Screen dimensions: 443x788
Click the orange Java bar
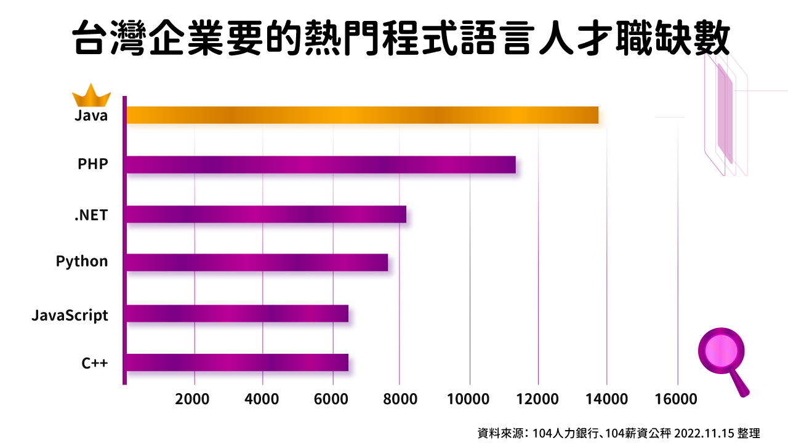(362, 115)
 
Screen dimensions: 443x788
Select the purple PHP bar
(321, 164)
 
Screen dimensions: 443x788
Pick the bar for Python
(257, 262)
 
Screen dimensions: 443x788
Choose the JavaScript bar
(237, 313)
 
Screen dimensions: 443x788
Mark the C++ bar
(237, 362)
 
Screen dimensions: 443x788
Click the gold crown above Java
(91, 95)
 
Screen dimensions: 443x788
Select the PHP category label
(93, 164)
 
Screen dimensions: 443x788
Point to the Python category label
(82, 261)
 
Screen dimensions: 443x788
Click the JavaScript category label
(70, 316)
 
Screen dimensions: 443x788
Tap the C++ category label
(95, 363)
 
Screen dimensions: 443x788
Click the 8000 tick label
(400, 399)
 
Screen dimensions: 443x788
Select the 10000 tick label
(469, 399)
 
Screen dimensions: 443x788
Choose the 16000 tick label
(677, 399)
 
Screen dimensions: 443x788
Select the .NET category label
(90, 215)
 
